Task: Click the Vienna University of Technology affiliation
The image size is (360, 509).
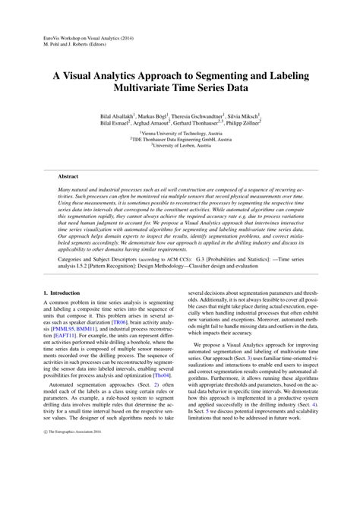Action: (179, 132)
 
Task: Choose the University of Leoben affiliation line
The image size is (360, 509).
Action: (180, 146)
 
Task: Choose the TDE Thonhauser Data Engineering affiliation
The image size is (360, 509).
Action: (180, 139)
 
